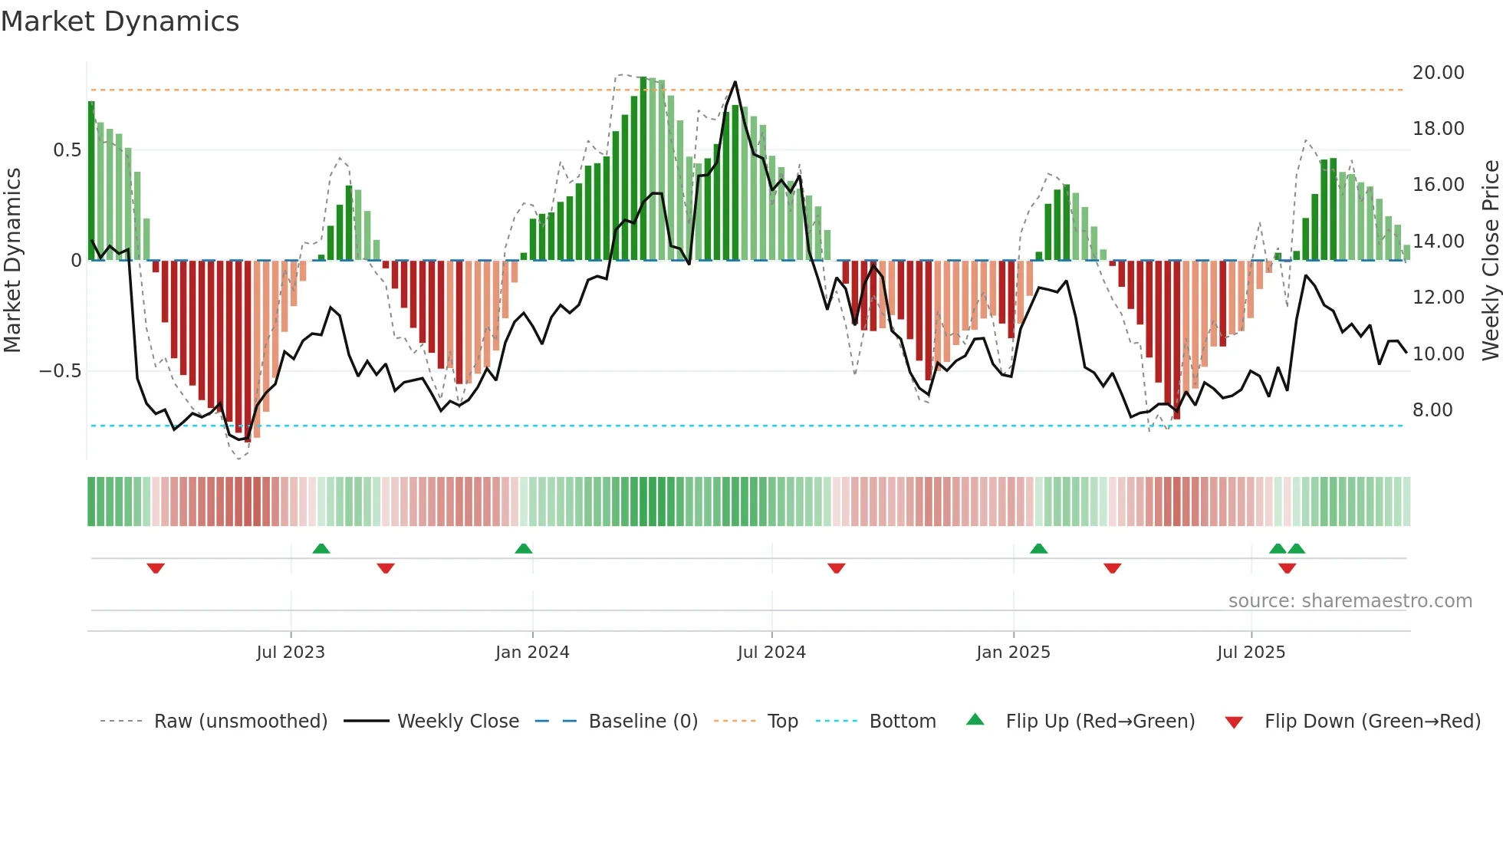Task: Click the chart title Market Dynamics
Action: pyautogui.click(x=120, y=21)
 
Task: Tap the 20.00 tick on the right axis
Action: pyautogui.click(x=1438, y=73)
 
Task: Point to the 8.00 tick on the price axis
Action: pyautogui.click(x=1432, y=410)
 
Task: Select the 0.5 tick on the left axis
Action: pyautogui.click(x=67, y=150)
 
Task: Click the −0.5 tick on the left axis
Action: pyautogui.click(x=60, y=371)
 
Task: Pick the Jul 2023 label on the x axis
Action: pyautogui.click(x=291, y=653)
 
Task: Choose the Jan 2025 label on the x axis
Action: pyautogui.click(x=1013, y=653)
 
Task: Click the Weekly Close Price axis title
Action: pyautogui.click(x=1490, y=261)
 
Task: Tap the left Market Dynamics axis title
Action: pyautogui.click(x=12, y=261)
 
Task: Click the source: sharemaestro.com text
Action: pyautogui.click(x=1350, y=601)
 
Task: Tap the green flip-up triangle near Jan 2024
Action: pyautogui.click(x=524, y=549)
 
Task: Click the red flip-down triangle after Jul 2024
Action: pyautogui.click(x=837, y=568)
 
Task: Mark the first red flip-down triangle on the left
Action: pyautogui.click(x=156, y=568)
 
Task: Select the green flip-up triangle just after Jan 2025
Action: pyautogui.click(x=1038, y=549)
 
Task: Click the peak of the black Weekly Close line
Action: pyautogui.click(x=735, y=82)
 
